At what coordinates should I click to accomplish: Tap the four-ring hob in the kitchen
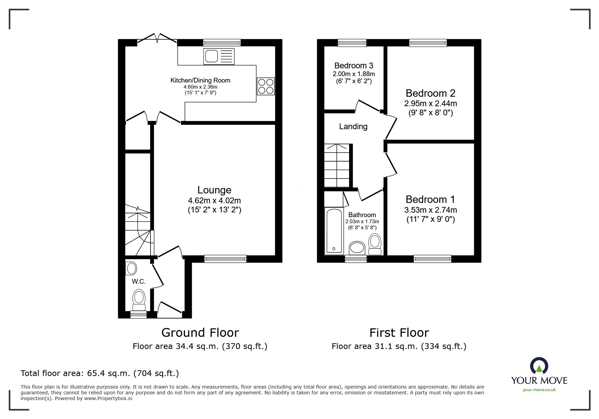tap(266, 86)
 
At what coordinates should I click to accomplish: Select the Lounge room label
tap(214, 190)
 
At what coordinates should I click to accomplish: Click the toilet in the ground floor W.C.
tap(139, 299)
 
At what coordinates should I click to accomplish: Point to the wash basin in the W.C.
tap(131, 269)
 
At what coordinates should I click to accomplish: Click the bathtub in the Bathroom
tap(334, 231)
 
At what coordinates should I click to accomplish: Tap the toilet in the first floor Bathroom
tap(374, 244)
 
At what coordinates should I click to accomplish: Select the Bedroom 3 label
tap(353, 66)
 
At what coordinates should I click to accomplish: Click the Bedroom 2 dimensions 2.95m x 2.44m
tap(431, 103)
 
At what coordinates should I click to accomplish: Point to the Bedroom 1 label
tap(430, 200)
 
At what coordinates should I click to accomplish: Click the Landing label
tap(353, 126)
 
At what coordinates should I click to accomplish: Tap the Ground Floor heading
tap(200, 333)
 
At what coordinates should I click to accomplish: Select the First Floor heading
tap(399, 333)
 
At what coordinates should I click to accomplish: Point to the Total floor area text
tap(100, 373)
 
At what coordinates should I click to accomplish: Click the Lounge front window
tap(225, 259)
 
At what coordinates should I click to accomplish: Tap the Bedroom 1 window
tap(432, 259)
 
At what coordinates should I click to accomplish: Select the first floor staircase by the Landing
tap(337, 166)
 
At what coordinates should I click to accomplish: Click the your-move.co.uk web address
tap(539, 390)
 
